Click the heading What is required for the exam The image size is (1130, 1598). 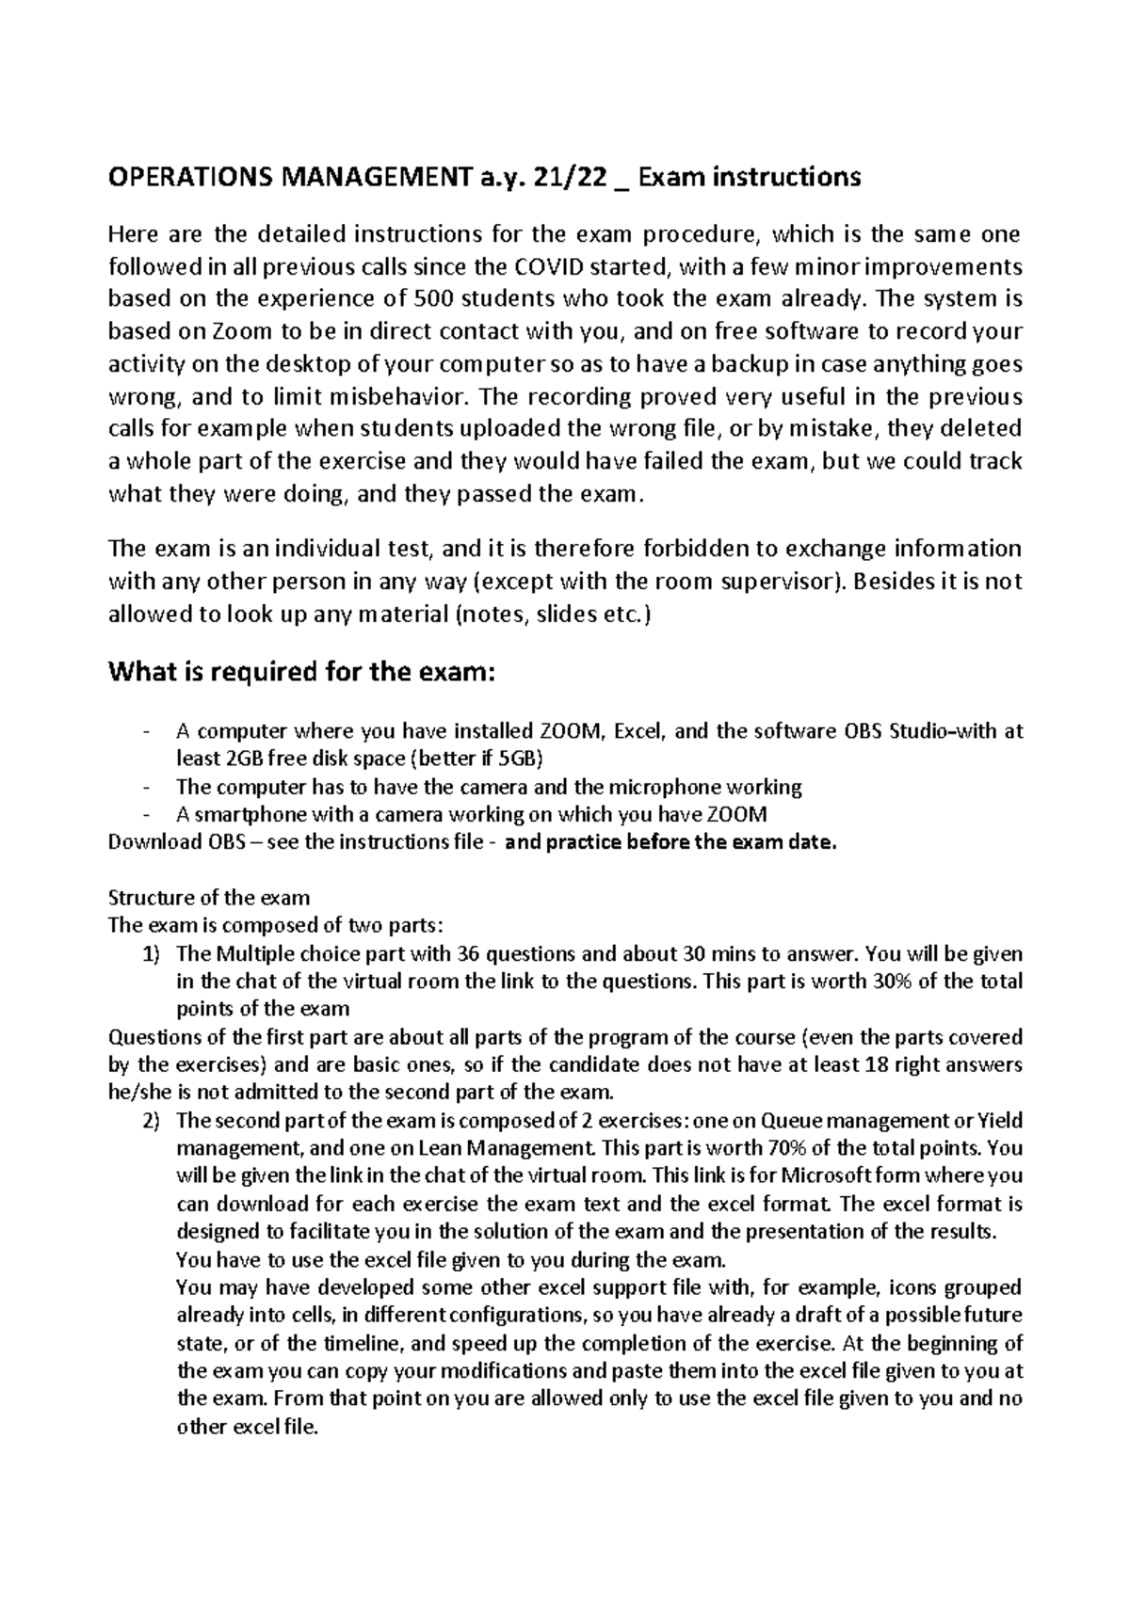tap(301, 673)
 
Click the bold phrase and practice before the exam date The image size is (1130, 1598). tap(670, 842)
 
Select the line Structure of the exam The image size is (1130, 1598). tap(209, 898)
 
